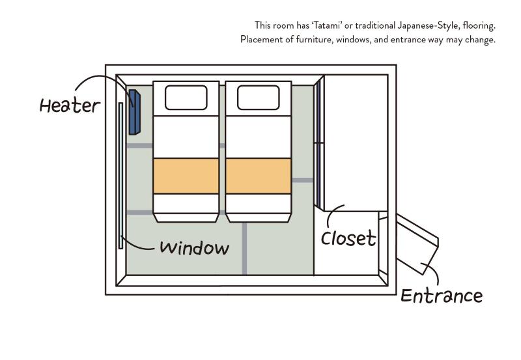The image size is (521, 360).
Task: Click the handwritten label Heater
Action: point(70,105)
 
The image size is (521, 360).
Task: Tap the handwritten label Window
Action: point(194,248)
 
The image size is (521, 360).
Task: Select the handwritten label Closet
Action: point(348,238)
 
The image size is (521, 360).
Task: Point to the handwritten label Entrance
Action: point(442,296)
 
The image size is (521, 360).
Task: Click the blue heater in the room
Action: point(134,111)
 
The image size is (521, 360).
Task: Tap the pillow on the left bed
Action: point(186,98)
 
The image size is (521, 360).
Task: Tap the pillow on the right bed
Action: point(259,98)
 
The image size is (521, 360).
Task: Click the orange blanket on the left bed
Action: point(186,176)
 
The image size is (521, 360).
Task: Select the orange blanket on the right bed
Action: point(259,176)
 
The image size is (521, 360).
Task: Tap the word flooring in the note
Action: point(480,25)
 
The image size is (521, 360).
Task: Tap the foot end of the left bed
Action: point(186,207)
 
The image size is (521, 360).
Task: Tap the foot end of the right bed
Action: point(259,207)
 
